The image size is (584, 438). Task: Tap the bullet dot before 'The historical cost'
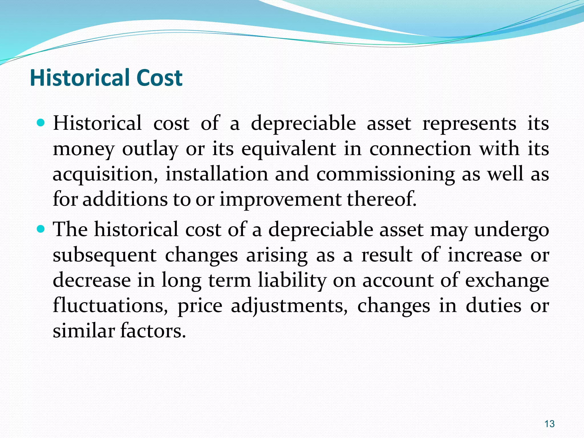[x=41, y=229]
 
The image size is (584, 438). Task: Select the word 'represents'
[x=469, y=124]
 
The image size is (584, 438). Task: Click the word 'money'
[x=84, y=149]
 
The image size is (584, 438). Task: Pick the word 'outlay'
[x=150, y=149]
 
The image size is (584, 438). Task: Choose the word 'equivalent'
[x=289, y=149]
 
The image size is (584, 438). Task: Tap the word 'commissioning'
[x=386, y=175]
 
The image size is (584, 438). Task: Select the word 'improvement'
[x=280, y=199]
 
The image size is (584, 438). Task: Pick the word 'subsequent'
[x=104, y=255]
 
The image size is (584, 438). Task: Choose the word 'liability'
[x=292, y=281]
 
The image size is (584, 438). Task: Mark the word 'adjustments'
[x=289, y=306]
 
